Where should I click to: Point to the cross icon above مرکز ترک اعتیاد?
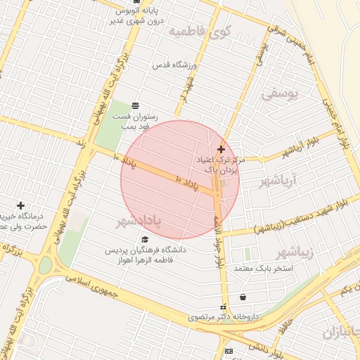221,149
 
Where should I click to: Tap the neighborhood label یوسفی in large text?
280,92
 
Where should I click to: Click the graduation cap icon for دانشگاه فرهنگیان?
145,239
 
